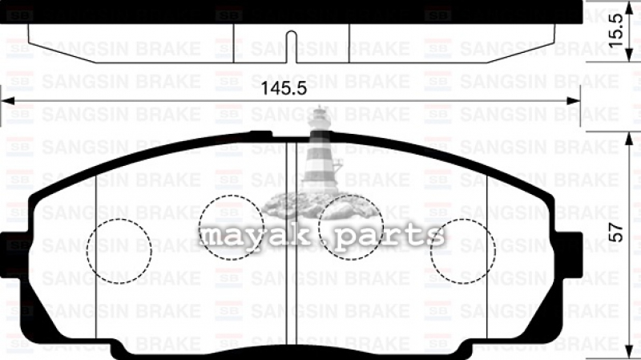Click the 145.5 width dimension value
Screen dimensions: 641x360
[x=284, y=88]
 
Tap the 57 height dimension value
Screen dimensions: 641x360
[x=616, y=233]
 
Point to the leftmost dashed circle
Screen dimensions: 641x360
[x=119, y=220]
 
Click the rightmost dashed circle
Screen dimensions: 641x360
[x=463, y=220]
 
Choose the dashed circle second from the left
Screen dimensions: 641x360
[x=231, y=196]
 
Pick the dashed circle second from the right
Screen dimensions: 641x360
[x=351, y=196]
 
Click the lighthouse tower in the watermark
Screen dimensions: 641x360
[x=321, y=152]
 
